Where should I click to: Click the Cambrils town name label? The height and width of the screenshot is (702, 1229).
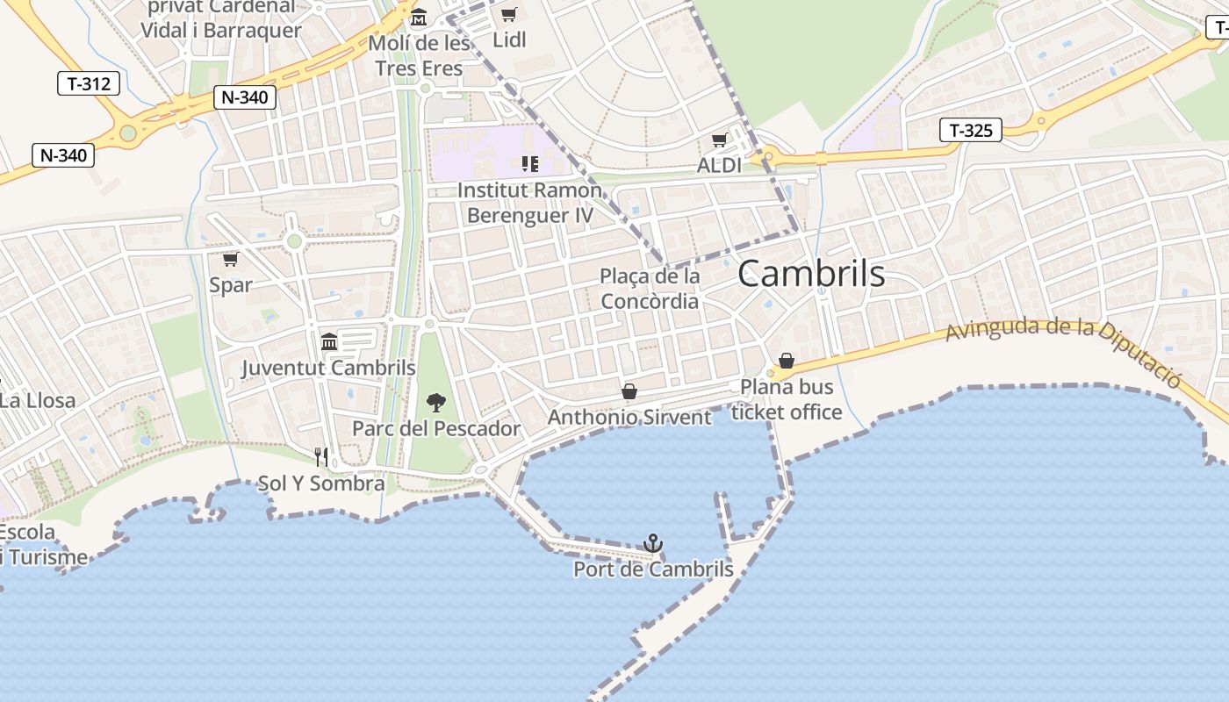[811, 274]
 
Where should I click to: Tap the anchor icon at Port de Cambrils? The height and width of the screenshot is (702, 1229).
[652, 544]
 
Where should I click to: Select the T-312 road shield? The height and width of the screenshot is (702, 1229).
[88, 84]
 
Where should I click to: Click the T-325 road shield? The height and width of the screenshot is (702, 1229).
[970, 131]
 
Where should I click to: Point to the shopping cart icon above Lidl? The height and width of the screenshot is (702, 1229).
[509, 14]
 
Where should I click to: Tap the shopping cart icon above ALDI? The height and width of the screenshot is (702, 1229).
[720, 140]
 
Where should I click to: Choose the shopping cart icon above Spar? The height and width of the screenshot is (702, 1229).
[231, 259]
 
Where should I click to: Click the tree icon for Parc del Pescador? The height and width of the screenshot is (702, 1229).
[435, 403]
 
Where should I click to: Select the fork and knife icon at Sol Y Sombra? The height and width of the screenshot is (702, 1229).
[322, 456]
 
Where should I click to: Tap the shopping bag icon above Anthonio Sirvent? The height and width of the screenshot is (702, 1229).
[629, 391]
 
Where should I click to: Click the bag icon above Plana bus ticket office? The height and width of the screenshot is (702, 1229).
[787, 361]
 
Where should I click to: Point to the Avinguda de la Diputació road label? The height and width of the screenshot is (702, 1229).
[1063, 347]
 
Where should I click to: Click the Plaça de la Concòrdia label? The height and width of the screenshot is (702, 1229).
[650, 289]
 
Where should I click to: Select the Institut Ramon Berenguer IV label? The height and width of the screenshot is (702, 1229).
[530, 203]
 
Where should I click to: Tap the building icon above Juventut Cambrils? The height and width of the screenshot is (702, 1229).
[329, 341]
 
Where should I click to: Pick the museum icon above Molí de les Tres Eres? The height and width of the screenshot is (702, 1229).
[419, 18]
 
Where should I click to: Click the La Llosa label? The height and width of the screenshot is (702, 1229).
[38, 401]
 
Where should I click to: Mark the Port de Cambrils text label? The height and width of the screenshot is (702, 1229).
[653, 569]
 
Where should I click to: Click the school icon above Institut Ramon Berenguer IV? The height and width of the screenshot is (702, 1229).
[529, 163]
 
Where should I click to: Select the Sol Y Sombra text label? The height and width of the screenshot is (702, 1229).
[321, 484]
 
